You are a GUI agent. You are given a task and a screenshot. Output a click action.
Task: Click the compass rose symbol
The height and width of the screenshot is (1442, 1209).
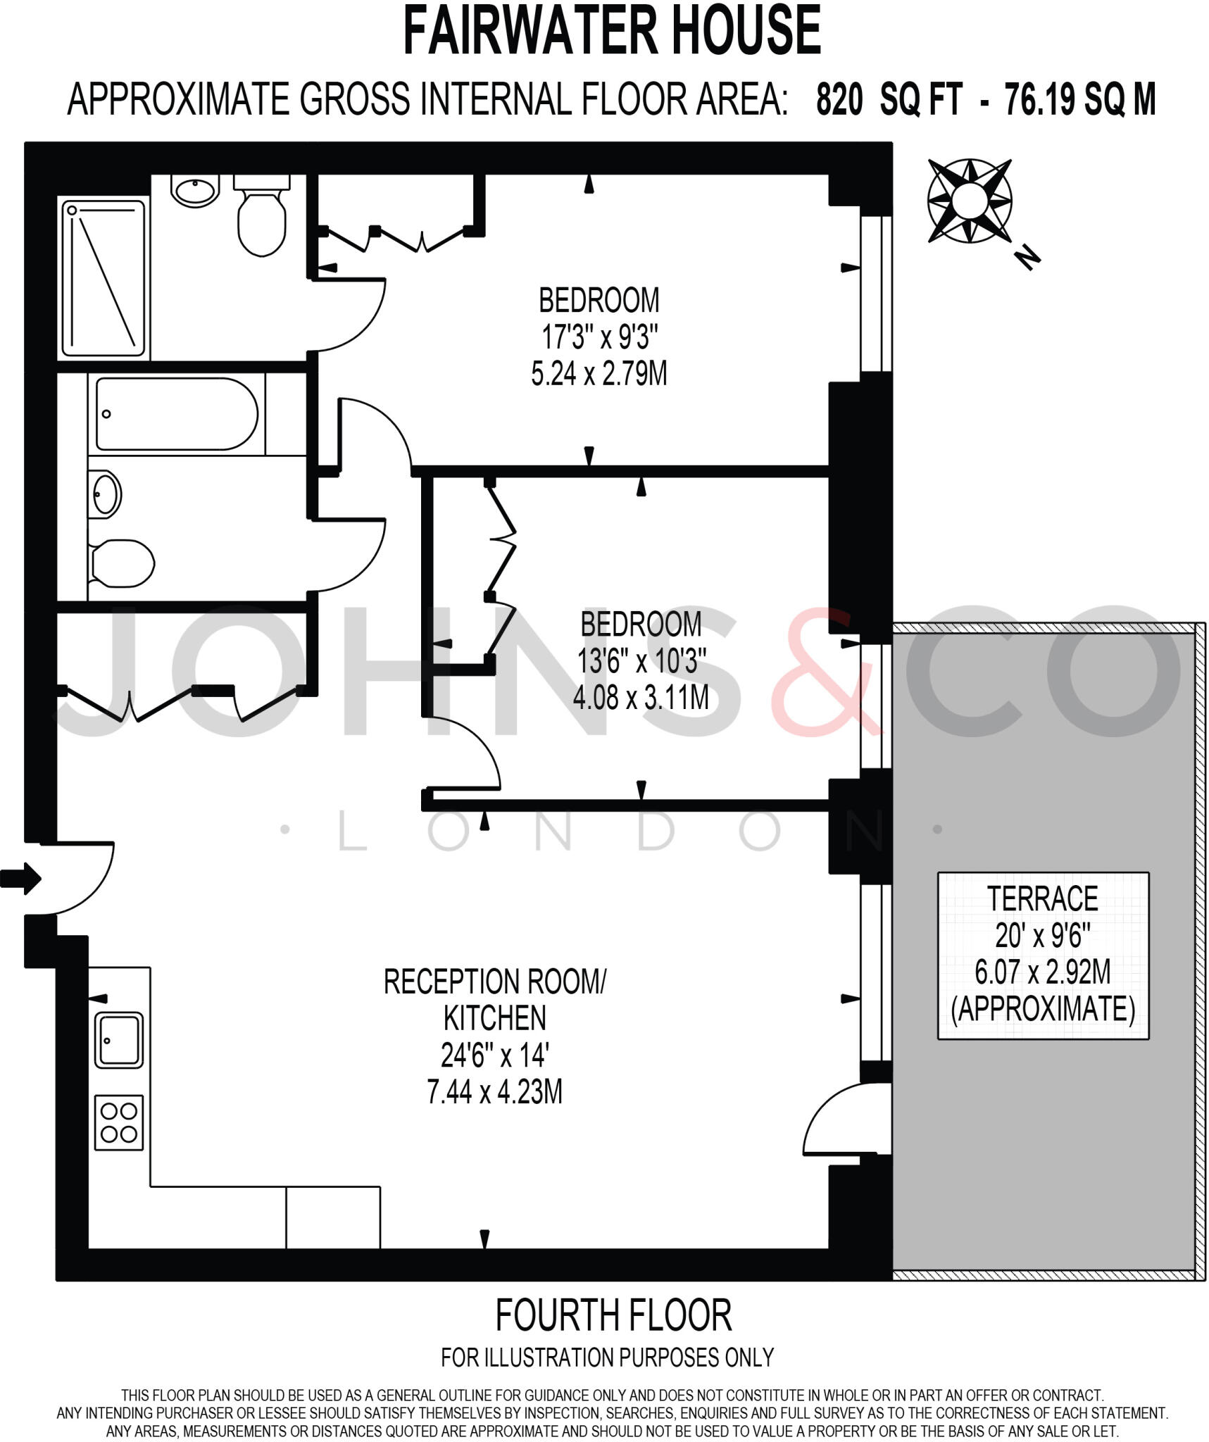click(970, 201)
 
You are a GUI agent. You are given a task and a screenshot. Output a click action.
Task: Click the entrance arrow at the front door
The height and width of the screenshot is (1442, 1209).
click(21, 878)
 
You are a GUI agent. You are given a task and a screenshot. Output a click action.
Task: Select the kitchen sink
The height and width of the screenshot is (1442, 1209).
click(118, 1040)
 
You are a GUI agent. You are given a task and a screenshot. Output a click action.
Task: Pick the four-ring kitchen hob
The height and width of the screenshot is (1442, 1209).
click(118, 1122)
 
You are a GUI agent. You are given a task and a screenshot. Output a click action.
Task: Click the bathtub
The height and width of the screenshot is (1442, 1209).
click(177, 414)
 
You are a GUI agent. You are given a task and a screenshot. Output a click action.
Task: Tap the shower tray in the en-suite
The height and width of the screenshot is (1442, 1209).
click(104, 278)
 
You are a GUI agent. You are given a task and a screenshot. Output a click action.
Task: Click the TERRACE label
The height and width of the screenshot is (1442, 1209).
click(1042, 899)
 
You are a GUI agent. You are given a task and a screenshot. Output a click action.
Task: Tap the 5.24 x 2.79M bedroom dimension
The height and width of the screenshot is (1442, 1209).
click(599, 374)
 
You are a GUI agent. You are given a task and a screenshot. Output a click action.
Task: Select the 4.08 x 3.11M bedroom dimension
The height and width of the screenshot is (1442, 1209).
click(640, 698)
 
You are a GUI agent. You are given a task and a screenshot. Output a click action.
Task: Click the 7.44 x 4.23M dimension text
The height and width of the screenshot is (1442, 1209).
click(494, 1092)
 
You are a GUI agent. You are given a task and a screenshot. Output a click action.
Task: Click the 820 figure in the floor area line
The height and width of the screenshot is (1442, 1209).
click(839, 100)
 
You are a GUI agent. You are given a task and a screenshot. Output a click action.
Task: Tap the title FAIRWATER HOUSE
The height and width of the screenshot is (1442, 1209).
click(612, 31)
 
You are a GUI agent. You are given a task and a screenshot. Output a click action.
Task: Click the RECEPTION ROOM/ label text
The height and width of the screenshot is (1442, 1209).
click(494, 982)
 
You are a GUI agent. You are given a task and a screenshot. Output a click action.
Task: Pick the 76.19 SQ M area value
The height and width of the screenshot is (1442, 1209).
click(1080, 100)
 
